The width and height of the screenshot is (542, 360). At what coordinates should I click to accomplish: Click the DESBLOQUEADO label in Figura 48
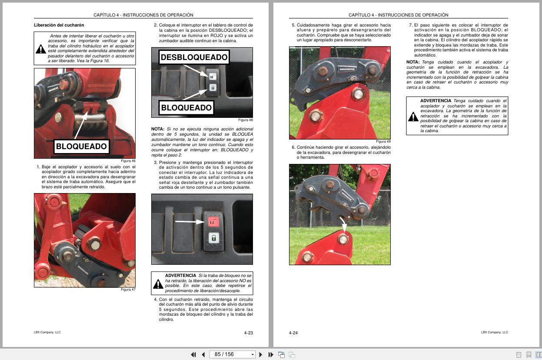(x=194, y=57)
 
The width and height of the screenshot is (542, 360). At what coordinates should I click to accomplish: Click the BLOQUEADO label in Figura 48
(x=186, y=108)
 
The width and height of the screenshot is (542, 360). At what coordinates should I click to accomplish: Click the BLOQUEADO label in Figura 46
(x=81, y=147)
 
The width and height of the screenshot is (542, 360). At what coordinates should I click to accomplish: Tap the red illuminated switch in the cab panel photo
(x=213, y=222)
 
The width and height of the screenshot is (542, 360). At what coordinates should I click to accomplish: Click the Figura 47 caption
(x=128, y=290)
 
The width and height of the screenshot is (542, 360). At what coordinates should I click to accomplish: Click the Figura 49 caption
(x=383, y=142)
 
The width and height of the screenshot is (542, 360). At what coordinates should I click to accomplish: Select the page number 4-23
(x=248, y=333)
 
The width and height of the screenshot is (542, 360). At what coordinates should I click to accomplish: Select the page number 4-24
(x=293, y=333)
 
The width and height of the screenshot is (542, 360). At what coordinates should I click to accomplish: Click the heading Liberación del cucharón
(x=59, y=25)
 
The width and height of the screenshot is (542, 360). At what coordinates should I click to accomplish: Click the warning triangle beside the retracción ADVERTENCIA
(x=413, y=117)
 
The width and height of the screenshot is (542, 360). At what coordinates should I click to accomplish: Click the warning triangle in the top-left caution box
(x=41, y=49)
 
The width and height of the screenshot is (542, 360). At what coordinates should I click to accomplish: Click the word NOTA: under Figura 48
(x=157, y=129)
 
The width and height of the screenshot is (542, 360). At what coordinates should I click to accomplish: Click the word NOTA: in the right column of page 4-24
(x=413, y=62)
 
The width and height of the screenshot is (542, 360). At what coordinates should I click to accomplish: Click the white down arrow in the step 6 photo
(x=343, y=226)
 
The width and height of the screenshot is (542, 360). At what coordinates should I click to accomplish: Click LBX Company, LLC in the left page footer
(x=47, y=332)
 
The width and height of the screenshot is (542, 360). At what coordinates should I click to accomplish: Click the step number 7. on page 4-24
(x=410, y=25)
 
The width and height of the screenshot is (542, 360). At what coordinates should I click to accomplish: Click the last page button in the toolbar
(x=271, y=355)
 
